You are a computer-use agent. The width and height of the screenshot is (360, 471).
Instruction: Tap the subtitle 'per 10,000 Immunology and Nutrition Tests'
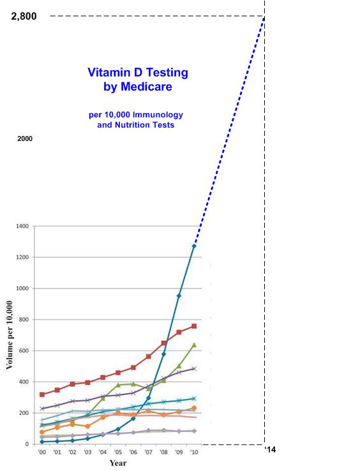coord(136,120)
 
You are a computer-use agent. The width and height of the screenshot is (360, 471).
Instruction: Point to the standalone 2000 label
coord(24,138)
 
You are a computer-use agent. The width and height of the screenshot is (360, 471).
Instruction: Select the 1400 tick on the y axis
coord(22,226)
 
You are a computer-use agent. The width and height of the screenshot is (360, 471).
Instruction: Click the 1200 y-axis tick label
coord(22,257)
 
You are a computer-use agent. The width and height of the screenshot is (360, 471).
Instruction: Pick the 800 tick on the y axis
coord(24,320)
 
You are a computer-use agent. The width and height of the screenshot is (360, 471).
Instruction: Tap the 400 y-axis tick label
coord(24,382)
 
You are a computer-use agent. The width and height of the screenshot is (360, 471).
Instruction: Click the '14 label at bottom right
coord(270,451)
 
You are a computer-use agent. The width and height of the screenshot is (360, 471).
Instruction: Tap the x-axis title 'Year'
coord(118,463)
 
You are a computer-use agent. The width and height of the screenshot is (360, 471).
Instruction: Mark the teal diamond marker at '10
coord(194,246)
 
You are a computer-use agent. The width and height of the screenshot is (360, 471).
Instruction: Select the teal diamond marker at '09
coord(179,295)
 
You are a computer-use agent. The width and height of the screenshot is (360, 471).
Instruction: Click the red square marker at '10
coord(194,326)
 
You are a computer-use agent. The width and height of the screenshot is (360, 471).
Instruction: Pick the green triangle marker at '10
coord(194,345)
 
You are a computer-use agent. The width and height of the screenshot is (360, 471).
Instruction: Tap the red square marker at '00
coord(42,394)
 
